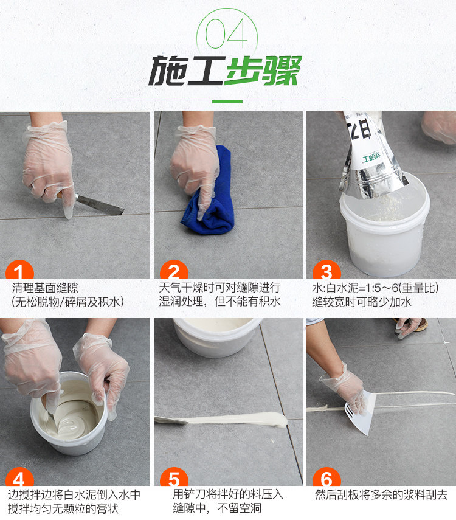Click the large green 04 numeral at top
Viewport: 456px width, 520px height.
[227, 33]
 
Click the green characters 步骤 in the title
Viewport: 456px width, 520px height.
[264, 71]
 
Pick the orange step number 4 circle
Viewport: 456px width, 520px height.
[19, 477]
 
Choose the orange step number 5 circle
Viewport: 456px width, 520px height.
[174, 477]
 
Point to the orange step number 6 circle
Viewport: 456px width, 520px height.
[326, 477]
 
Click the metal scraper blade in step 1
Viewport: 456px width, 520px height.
[100, 205]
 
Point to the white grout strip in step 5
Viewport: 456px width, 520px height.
[226, 419]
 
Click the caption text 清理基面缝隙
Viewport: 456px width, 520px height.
[45, 288]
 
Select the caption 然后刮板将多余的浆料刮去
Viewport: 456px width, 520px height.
[381, 494]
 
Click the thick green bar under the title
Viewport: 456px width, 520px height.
[227, 102]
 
